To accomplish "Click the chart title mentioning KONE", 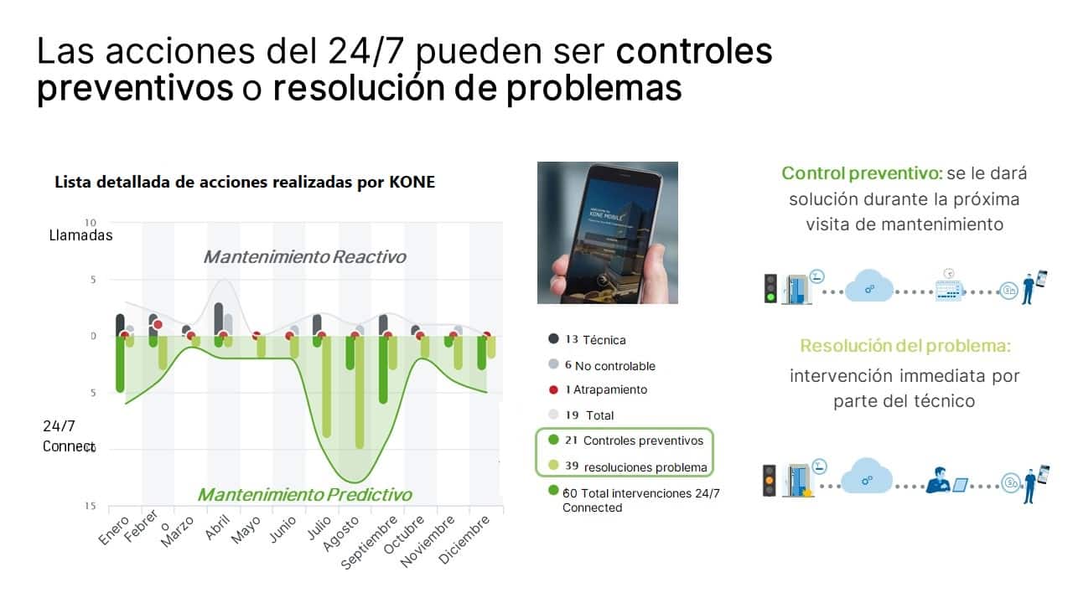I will click(x=245, y=182).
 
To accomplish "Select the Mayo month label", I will click(x=246, y=529).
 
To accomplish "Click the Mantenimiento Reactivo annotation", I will click(x=304, y=256).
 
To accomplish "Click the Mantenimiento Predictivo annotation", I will click(x=304, y=494).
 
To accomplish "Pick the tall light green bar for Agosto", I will click(x=360, y=392).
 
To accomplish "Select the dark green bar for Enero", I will click(x=120, y=363).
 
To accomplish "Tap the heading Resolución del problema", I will click(x=905, y=346).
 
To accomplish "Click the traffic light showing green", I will click(x=770, y=289).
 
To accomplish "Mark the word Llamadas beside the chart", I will click(x=80, y=235).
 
